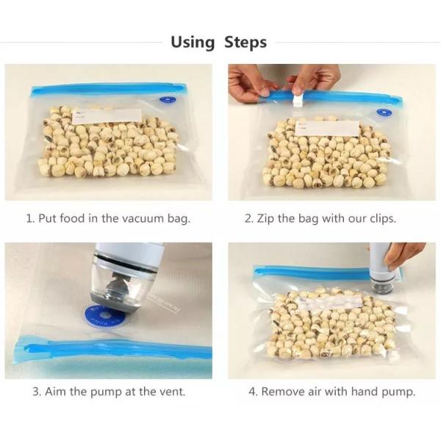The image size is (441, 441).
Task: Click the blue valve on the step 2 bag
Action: point(384,113)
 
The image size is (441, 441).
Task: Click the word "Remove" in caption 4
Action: point(284,392)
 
